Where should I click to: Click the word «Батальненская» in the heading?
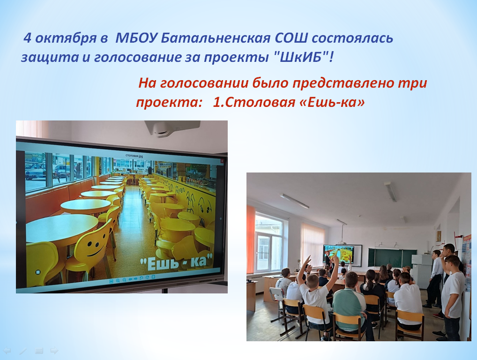(x=216, y=38)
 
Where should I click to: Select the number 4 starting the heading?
(x=27, y=38)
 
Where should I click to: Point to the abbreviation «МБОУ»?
(x=136, y=38)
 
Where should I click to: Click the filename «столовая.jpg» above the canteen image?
(x=134, y=156)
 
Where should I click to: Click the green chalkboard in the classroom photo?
(x=392, y=257)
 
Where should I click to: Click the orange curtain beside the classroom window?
(x=250, y=240)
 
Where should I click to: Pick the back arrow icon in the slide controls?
(x=7, y=351)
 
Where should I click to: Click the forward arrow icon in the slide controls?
(x=54, y=351)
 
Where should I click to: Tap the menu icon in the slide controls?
(x=38, y=351)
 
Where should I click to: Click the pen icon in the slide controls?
(x=23, y=351)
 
